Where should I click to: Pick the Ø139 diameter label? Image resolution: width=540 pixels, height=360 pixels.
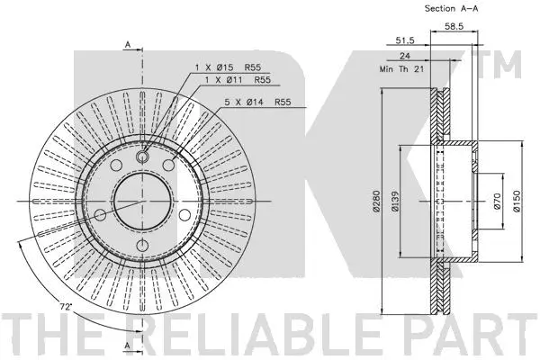pos(397,206)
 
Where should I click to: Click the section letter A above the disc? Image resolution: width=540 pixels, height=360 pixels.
pos(128,43)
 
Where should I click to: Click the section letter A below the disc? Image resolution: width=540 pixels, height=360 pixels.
pos(128,346)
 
